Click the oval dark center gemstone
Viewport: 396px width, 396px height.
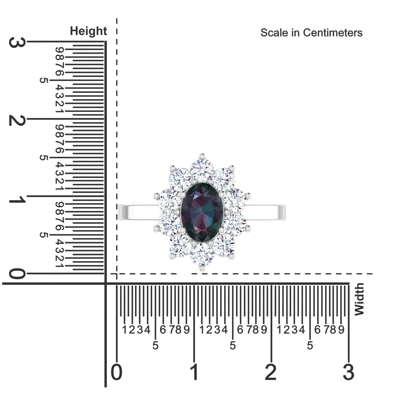coord(202,212)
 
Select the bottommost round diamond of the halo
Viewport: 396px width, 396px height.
coord(202,255)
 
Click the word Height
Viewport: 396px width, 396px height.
coord(88,31)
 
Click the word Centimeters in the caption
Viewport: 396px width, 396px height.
coord(333,33)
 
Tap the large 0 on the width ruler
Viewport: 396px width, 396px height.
coord(117,372)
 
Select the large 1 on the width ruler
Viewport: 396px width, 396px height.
coord(194,372)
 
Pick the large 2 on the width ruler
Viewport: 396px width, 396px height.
coord(271,372)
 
